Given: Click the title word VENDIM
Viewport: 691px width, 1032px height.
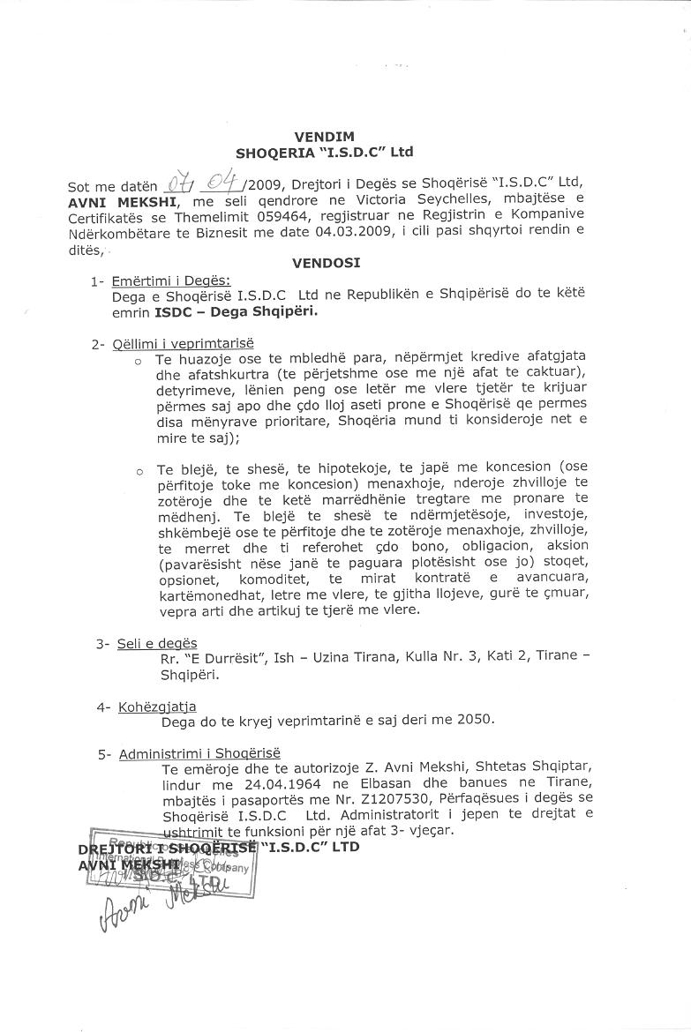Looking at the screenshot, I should [325, 137].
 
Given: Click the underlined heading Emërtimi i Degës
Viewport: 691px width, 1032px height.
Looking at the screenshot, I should [170, 280].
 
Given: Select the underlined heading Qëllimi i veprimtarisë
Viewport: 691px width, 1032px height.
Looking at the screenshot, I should [183, 344].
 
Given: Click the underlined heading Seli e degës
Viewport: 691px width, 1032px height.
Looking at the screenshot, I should [157, 644].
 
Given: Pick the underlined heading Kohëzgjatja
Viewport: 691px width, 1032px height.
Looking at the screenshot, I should [157, 707].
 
